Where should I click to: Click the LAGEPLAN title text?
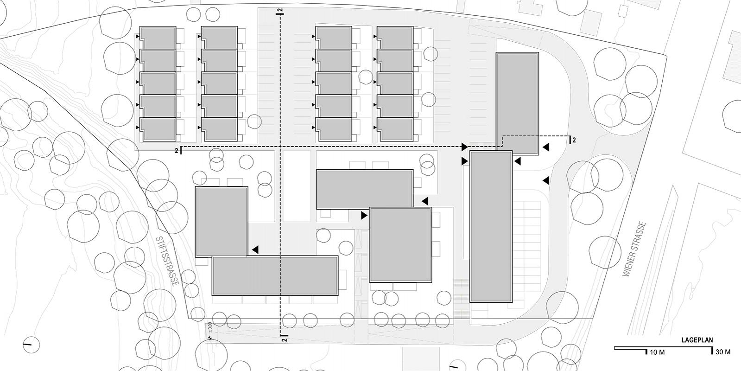697,340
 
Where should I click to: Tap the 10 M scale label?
657,352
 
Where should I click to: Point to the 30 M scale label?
723,352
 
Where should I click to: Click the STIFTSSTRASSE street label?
167,261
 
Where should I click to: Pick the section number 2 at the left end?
176,151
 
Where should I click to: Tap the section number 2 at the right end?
574,140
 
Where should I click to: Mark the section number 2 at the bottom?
284,340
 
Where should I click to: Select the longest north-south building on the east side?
491,226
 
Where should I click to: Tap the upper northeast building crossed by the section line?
517,103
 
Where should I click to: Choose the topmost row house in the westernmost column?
158,37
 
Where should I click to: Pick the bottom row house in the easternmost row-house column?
394,129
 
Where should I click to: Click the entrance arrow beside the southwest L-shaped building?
255,250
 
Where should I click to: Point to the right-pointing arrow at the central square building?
364,215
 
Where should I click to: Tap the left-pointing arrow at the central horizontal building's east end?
424,201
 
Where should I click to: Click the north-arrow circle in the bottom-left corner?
31,344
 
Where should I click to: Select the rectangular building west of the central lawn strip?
222,221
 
